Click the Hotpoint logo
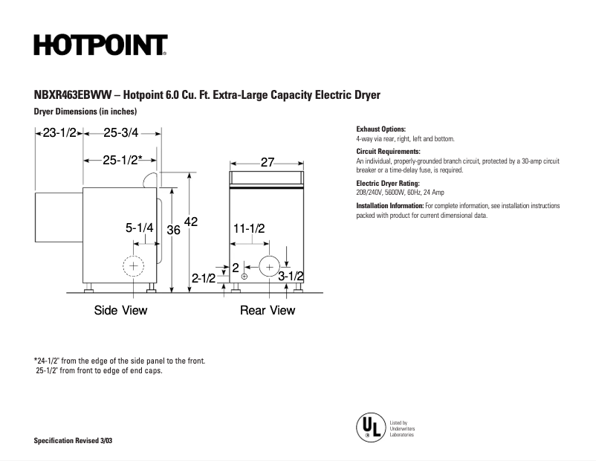(100, 45)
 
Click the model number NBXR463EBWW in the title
(71, 96)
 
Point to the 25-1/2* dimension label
(123, 160)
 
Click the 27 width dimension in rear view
(268, 162)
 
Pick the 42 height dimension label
(192, 222)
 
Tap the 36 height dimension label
(173, 230)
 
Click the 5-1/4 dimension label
(139, 228)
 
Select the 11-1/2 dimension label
(249, 228)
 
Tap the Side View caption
(120, 310)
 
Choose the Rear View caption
(268, 310)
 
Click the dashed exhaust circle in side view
(135, 265)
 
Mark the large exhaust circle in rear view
(268, 265)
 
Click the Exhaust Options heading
(381, 129)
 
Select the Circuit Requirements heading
(388, 152)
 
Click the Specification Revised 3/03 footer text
(74, 442)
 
